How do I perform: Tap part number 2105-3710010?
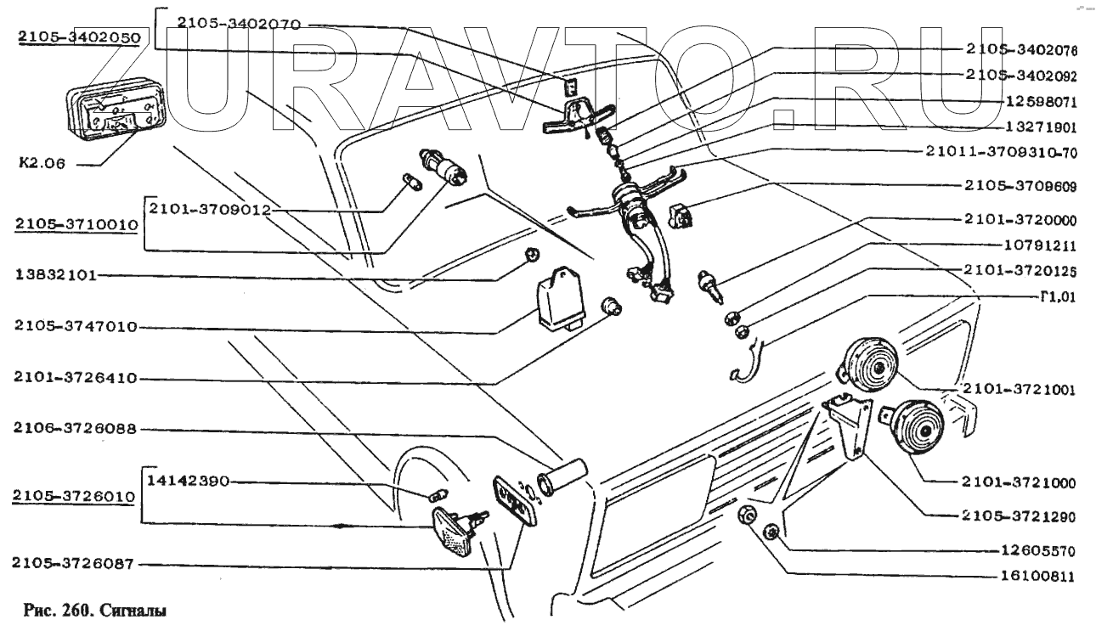(74, 224)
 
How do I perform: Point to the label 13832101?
(55, 276)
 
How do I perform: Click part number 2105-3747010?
(74, 327)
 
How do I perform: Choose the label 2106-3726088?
(74, 431)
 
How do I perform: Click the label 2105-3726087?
(74, 562)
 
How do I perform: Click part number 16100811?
(1037, 576)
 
